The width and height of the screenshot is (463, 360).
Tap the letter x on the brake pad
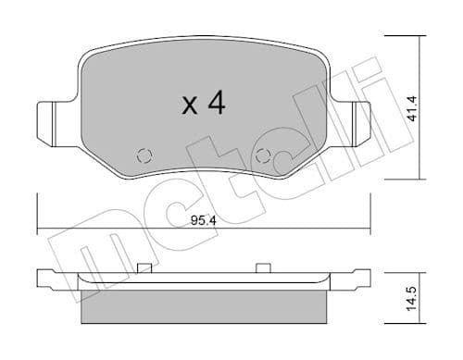click(x=189, y=106)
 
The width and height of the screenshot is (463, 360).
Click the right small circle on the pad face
click(x=263, y=155)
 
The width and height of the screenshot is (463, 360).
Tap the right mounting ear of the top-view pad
click(x=357, y=119)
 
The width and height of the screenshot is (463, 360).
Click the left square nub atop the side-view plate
click(x=144, y=268)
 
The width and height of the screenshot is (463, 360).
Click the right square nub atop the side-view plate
click(x=263, y=268)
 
